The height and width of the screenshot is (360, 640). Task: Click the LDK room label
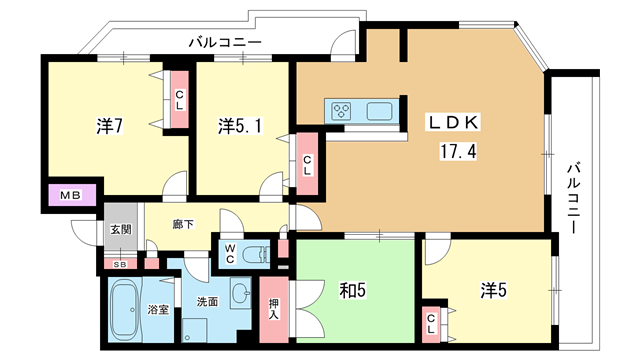coord(452,122)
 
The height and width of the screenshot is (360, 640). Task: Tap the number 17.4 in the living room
coord(458,152)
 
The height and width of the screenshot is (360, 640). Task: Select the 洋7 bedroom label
coord(109,126)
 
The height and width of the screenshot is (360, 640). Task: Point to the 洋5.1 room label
coord(240,126)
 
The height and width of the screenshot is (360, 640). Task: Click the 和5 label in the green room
coord(353,291)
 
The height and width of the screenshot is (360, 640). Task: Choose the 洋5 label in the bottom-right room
coord(493,290)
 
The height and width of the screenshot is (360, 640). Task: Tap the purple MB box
coord(72,195)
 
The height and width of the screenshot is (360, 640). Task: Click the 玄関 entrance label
coord(121,229)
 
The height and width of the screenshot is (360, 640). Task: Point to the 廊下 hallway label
coord(183,224)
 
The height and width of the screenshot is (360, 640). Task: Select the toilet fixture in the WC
coord(256,255)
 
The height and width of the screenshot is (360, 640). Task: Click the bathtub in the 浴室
coord(126,310)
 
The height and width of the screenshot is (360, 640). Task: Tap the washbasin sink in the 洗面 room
coord(241,292)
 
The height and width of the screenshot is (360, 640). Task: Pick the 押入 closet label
coord(274,309)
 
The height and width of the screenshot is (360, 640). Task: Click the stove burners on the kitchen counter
coord(342,110)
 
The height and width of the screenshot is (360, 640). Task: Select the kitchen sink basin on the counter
coord(379,111)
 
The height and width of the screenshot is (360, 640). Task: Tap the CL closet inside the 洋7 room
coord(180,100)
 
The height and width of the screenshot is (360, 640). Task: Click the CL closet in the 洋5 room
coord(431,324)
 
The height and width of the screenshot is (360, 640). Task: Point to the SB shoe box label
coord(120,264)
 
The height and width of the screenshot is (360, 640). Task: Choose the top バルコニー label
coord(225,42)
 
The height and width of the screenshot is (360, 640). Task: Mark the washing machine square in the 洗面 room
coord(194,330)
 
